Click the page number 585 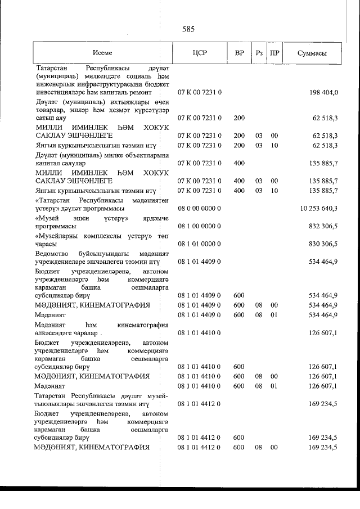coord(188,29)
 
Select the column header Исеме coord(102,53)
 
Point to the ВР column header coord(239,53)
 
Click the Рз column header coord(259,53)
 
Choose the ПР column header coord(275,53)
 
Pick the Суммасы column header coord(312,53)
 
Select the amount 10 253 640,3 coord(318,208)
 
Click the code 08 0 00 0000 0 coord(200,208)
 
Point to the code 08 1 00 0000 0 coord(200,226)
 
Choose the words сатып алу coord(50,118)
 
